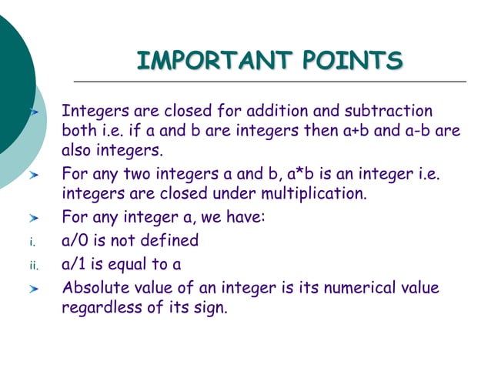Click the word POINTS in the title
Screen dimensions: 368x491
354,60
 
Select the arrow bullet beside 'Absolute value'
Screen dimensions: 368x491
34,290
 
